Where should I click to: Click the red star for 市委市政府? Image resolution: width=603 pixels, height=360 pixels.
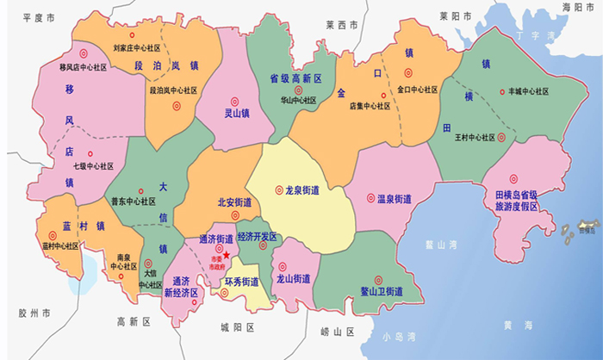coord(226,254)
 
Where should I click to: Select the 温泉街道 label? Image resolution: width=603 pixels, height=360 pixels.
coord(394,199)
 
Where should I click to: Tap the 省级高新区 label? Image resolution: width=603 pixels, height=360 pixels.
coord(295,78)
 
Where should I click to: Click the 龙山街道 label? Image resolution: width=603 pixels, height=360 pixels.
coord(293,279)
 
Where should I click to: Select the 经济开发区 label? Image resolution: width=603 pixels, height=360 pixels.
coord(257,236)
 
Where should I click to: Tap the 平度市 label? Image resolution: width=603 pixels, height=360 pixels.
coord(39,17)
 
